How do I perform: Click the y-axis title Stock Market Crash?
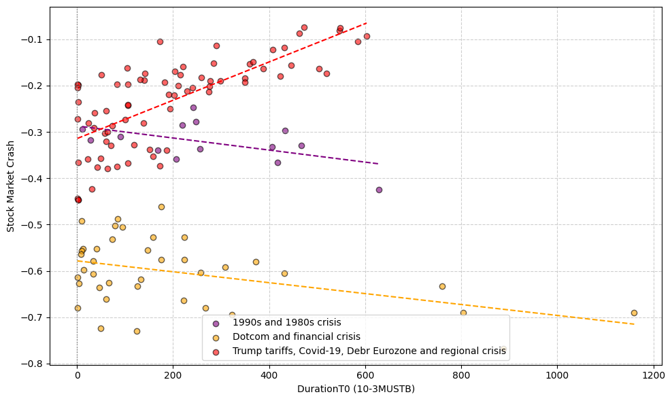[x=11, y=186]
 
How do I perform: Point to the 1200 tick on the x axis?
[x=654, y=366]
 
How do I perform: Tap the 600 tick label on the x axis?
[x=365, y=374]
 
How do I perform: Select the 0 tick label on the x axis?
[x=77, y=374]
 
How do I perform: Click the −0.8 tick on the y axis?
[x=50, y=364]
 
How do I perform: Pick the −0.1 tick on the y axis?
[x=50, y=39]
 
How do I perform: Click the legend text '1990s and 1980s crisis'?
[x=286, y=323]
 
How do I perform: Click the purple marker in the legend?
[x=216, y=323]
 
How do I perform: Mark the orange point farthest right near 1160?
[x=634, y=313]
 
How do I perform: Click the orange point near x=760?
[x=442, y=286]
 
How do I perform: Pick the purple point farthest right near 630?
[x=379, y=190]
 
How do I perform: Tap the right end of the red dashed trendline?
[x=367, y=22]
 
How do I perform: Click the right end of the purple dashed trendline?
[x=379, y=164]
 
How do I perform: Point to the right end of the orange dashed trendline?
[x=634, y=324]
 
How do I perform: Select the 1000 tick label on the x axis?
[x=558, y=374]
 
